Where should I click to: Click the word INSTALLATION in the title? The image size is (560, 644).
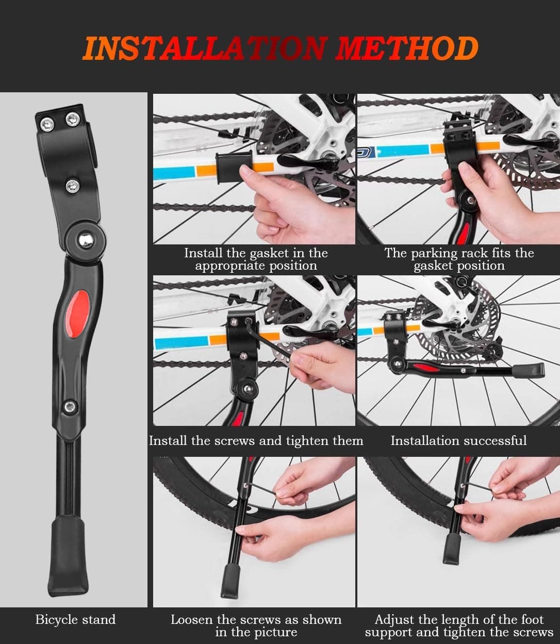[x=205, y=48]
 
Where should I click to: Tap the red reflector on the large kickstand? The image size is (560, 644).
[x=76, y=314]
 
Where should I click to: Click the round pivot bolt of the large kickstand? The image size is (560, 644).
[x=86, y=241]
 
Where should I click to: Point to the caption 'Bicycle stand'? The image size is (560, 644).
[x=76, y=619]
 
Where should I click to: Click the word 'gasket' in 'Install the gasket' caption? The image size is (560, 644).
[x=269, y=253]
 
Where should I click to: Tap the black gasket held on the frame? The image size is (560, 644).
[x=234, y=167]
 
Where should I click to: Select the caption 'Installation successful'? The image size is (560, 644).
[x=458, y=440]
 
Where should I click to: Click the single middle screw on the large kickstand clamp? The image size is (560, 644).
[x=72, y=186]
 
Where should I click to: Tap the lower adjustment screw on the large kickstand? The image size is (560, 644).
[x=70, y=407]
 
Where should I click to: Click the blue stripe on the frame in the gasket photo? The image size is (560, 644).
[x=174, y=173]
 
